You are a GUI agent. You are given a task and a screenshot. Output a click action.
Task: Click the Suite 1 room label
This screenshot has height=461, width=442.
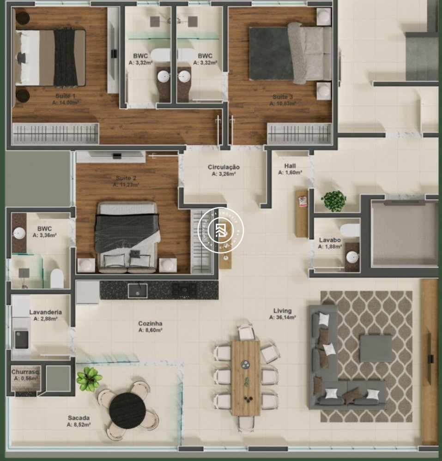click(x=65, y=96)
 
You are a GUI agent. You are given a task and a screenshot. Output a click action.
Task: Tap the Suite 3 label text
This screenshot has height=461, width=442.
click(x=282, y=97)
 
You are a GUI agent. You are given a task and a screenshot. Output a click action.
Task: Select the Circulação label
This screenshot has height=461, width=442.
click(x=224, y=167)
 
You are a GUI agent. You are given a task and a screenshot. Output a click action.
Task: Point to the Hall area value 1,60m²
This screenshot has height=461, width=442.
click(x=290, y=173)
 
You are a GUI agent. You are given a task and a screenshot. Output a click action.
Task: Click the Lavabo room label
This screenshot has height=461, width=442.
click(x=330, y=240)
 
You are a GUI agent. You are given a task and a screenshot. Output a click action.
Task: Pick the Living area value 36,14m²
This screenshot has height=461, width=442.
click(x=282, y=317)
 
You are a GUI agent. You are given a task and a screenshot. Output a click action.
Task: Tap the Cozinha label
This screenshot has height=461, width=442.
click(x=150, y=323)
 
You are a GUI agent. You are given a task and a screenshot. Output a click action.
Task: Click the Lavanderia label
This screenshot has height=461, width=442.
click(x=45, y=312)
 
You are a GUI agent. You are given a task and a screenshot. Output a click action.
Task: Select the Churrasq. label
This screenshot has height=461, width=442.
click(x=26, y=372)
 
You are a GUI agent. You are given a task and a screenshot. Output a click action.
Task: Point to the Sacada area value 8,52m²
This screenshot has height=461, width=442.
click(x=79, y=425)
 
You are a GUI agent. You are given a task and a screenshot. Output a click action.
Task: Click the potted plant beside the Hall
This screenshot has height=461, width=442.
click(x=333, y=201)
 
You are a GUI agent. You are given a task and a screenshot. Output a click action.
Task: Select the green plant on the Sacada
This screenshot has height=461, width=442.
click(x=89, y=379)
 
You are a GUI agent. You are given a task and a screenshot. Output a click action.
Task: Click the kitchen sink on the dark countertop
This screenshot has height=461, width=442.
click(x=138, y=290)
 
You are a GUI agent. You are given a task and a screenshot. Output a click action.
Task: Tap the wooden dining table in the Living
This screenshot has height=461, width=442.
click(x=246, y=377)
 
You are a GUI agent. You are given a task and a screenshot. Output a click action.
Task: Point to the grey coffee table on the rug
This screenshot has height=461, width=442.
click(x=375, y=348)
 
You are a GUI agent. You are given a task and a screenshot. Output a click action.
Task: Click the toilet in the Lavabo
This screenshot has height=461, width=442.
click(x=350, y=229)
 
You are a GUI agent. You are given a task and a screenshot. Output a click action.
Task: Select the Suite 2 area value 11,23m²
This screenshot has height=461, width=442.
click(x=126, y=185)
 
